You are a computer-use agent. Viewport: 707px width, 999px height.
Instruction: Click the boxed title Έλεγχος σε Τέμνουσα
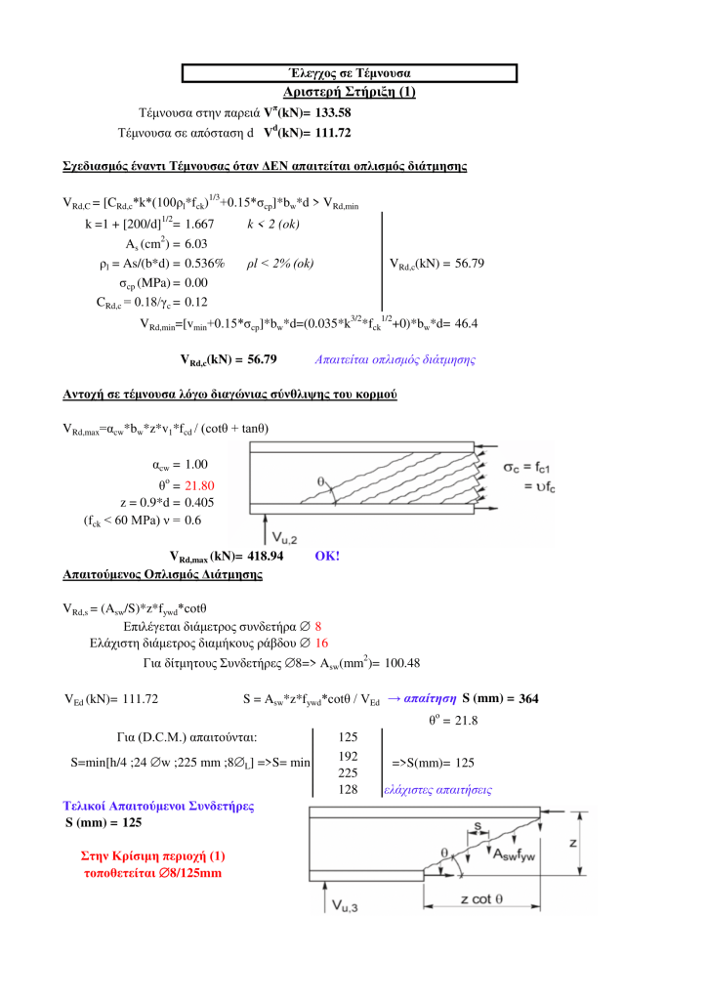349,73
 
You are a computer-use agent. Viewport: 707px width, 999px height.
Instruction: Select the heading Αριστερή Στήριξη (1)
349,92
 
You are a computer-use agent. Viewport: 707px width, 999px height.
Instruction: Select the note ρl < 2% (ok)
280,264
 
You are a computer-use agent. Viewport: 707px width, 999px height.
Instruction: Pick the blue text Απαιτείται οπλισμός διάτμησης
395,359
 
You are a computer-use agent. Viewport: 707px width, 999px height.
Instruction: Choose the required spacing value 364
527,698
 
